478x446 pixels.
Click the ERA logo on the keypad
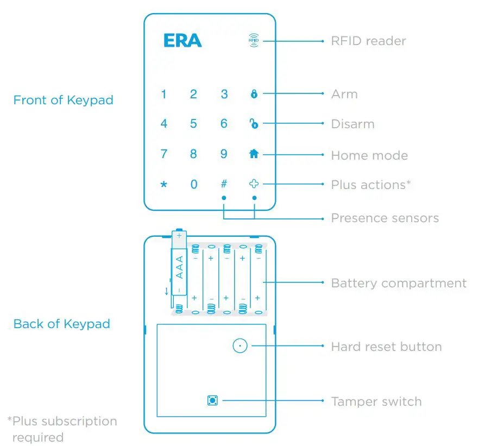pyautogui.click(x=183, y=41)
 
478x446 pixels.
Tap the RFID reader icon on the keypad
pyautogui.click(x=253, y=40)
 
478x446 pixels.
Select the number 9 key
pyautogui.click(x=223, y=154)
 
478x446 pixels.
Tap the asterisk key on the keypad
pyautogui.click(x=163, y=185)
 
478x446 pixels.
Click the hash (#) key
pyautogui.click(x=223, y=184)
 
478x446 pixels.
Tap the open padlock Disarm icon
pyautogui.click(x=254, y=124)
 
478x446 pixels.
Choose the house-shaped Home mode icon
pyautogui.click(x=254, y=154)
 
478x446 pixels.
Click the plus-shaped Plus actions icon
pyautogui.click(x=254, y=184)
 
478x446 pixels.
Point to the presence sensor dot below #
pyautogui.click(x=223, y=198)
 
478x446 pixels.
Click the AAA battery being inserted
pyautogui.click(x=179, y=263)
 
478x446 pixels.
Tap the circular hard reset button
pyautogui.click(x=240, y=346)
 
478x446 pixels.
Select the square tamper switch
pyautogui.click(x=212, y=401)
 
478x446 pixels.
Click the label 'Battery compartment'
pyautogui.click(x=398, y=283)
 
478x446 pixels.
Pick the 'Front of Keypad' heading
pyautogui.click(x=63, y=100)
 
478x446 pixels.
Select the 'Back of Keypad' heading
pyautogui.click(x=61, y=324)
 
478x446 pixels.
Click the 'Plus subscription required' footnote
pyautogui.click(x=62, y=429)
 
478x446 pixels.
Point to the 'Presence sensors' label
pyautogui.click(x=385, y=218)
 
